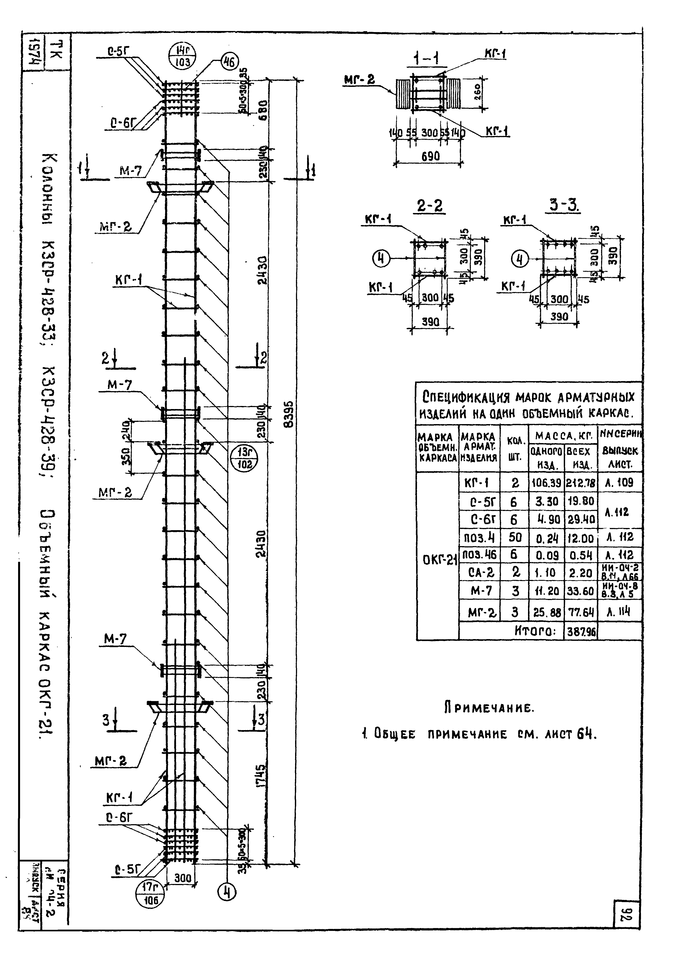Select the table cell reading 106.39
click(x=546, y=483)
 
